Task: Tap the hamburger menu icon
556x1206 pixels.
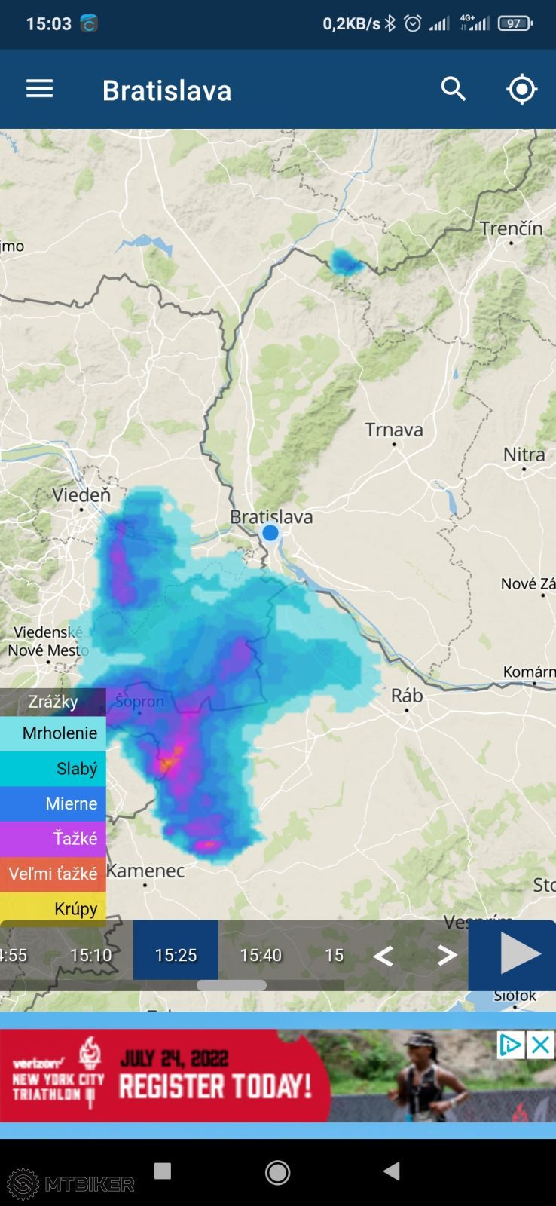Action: pyautogui.click(x=40, y=89)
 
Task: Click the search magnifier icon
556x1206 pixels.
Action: pyautogui.click(x=454, y=89)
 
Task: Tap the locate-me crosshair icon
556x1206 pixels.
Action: pyautogui.click(x=521, y=89)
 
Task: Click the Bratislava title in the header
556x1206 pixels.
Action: pyautogui.click(x=166, y=90)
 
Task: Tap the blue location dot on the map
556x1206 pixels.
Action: pyautogui.click(x=270, y=533)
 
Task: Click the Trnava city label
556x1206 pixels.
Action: pyautogui.click(x=394, y=430)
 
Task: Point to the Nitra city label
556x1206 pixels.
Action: pyautogui.click(x=524, y=455)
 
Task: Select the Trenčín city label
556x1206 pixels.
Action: pyautogui.click(x=512, y=228)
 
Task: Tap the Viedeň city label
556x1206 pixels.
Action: pyautogui.click(x=81, y=495)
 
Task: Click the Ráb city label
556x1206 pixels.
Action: pyautogui.click(x=407, y=695)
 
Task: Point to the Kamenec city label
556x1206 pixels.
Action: pyautogui.click(x=145, y=871)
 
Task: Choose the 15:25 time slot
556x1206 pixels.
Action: pyautogui.click(x=176, y=955)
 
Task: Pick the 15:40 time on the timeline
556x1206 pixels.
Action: pyautogui.click(x=261, y=955)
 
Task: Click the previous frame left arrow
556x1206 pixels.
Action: pyautogui.click(x=383, y=956)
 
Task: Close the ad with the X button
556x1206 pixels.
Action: pyautogui.click(x=540, y=1045)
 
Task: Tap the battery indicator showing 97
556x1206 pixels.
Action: pyautogui.click(x=515, y=23)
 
